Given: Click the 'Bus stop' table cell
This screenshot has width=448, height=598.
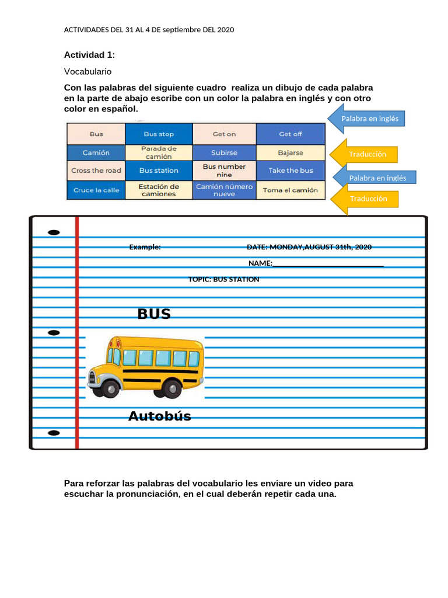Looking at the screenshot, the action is pyautogui.click(x=159, y=134).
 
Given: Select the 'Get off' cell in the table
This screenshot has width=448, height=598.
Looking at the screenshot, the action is pyautogui.click(x=290, y=134).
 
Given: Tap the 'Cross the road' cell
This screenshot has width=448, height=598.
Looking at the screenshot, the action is pyautogui.click(x=96, y=171).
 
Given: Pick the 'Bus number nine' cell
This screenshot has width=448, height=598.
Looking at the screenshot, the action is pyautogui.click(x=225, y=171).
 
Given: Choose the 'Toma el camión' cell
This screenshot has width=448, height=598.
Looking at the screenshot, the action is pyautogui.click(x=290, y=190).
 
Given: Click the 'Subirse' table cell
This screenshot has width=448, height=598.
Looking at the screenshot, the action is pyautogui.click(x=225, y=152).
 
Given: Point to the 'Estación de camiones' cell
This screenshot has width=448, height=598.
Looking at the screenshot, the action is pyautogui.click(x=159, y=190).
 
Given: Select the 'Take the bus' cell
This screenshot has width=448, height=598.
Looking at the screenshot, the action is pyautogui.click(x=290, y=171).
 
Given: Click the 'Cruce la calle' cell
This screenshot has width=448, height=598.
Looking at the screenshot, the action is pyautogui.click(x=96, y=190).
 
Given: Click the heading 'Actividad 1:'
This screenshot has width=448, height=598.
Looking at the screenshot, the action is pyautogui.click(x=89, y=55).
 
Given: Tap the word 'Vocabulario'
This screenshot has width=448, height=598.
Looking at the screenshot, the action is pyautogui.click(x=87, y=72).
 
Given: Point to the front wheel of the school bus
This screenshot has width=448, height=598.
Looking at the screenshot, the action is pyautogui.click(x=111, y=389).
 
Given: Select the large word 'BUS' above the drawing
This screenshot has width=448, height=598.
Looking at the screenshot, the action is pyautogui.click(x=154, y=314).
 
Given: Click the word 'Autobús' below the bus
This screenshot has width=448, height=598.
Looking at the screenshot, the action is pyautogui.click(x=160, y=416).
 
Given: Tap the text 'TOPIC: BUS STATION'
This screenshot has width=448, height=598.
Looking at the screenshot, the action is pyautogui.click(x=223, y=280).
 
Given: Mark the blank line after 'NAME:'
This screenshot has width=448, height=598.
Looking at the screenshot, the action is pyautogui.click(x=328, y=266).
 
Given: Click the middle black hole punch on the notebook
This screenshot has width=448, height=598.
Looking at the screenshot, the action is pyautogui.click(x=54, y=332).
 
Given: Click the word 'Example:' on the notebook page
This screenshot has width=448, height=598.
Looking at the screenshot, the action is pyautogui.click(x=145, y=247).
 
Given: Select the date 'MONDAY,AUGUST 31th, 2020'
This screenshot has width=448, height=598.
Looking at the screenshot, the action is pyautogui.click(x=320, y=247).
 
